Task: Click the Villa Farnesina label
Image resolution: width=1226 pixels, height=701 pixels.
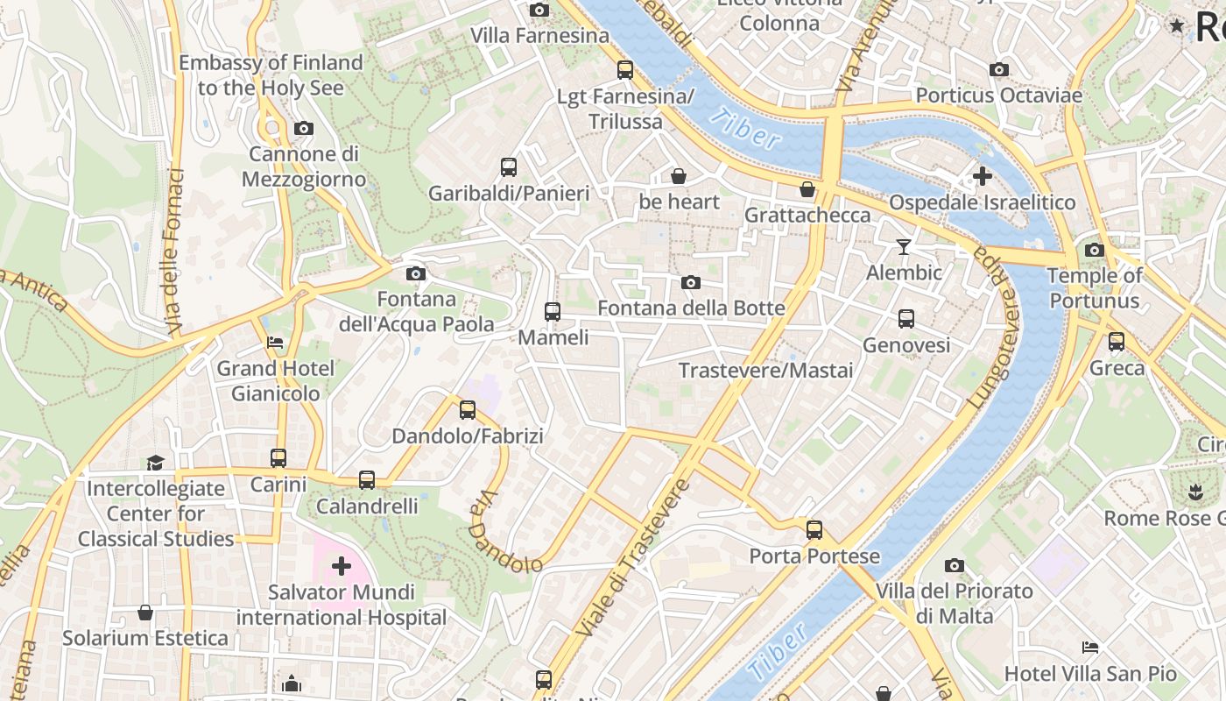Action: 539,36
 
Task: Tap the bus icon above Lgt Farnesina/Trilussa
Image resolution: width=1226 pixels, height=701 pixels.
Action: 625,70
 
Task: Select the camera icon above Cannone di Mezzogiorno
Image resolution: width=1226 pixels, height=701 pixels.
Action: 304,129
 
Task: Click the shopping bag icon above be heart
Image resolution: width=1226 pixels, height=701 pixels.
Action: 678,176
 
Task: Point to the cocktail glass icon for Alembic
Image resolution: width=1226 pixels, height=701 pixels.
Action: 904,247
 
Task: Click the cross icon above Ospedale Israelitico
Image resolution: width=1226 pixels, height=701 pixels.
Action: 982,176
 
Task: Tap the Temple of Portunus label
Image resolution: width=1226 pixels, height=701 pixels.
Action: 1095,288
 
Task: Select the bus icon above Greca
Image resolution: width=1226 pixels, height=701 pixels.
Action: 1117,342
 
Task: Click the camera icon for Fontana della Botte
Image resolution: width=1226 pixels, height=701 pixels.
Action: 691,282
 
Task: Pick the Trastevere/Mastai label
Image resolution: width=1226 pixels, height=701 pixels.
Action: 765,371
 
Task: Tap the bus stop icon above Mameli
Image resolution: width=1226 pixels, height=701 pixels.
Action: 552,312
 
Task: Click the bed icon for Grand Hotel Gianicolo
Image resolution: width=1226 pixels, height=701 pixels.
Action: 275,343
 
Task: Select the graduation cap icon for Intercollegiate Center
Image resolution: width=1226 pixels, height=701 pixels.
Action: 155,463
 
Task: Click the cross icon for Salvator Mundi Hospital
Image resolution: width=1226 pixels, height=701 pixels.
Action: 342,567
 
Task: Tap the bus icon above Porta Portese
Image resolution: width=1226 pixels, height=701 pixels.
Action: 814,530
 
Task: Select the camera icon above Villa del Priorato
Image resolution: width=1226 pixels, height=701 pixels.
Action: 955,566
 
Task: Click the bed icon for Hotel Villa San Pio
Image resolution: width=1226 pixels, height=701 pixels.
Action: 1090,648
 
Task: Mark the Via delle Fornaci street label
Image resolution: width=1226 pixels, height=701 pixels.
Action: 175,251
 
